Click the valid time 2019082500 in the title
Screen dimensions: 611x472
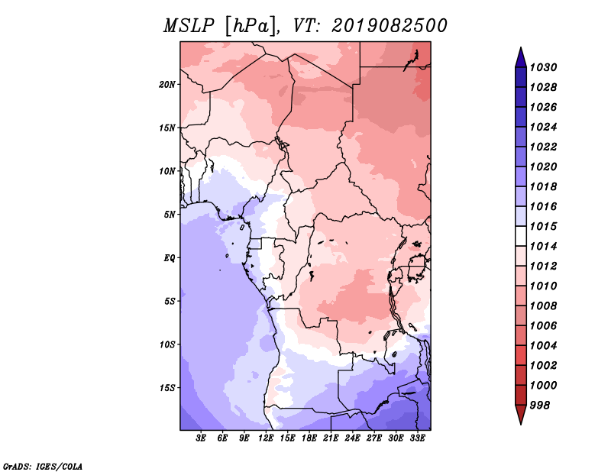point(390,26)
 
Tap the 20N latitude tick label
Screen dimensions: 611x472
point(167,85)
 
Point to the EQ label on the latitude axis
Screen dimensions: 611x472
point(169,258)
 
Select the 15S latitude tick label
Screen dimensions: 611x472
point(167,388)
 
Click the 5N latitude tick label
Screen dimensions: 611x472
point(170,215)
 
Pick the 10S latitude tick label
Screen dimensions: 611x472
point(167,344)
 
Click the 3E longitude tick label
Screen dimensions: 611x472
point(201,438)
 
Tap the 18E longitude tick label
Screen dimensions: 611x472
point(309,438)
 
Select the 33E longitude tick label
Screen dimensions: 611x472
point(417,438)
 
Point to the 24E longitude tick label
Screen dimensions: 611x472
point(352,438)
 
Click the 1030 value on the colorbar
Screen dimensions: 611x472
point(544,67)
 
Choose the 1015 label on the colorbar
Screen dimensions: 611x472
point(544,226)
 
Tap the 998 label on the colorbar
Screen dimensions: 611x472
point(540,406)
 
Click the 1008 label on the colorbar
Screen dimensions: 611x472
point(544,306)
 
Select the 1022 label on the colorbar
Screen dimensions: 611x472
point(544,147)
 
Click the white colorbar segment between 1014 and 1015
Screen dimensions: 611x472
point(521,236)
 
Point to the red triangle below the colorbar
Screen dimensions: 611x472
point(521,413)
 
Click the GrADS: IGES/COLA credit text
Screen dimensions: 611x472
point(43,467)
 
